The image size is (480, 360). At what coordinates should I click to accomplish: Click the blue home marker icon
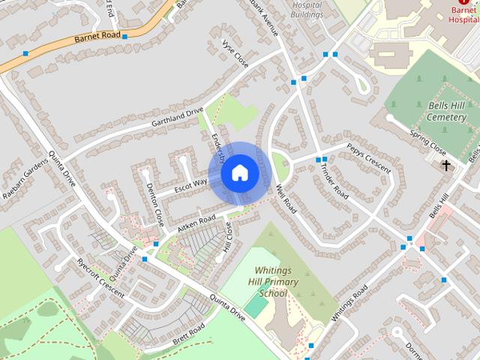[240, 173]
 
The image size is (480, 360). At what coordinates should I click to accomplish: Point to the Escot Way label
[190, 184]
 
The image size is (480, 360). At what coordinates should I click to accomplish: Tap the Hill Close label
[228, 238]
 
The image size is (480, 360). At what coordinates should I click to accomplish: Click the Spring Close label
[428, 141]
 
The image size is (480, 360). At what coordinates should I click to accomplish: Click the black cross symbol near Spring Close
[446, 165]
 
